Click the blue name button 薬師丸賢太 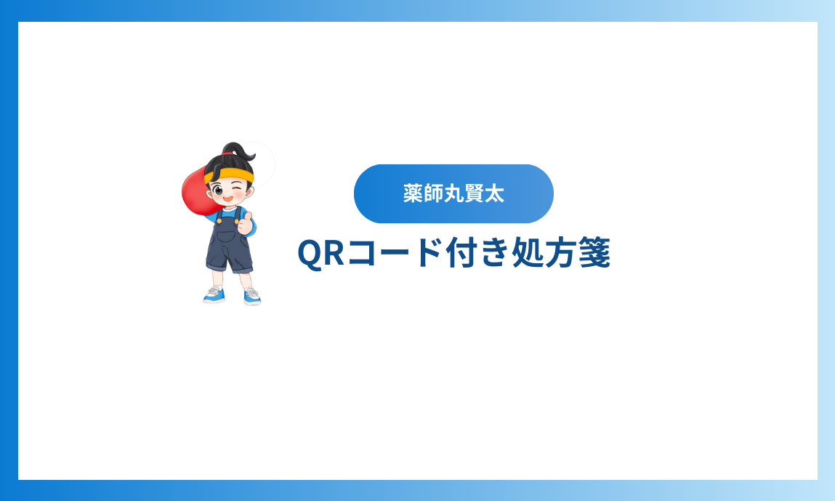coord(453,193)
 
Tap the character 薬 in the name coord(413,193)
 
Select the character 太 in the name coord(495,193)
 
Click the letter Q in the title coord(310,253)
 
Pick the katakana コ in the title coord(363,253)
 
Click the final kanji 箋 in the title coord(594,252)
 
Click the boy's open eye coord(218,190)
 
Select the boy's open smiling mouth coord(227,199)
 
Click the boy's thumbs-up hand coord(246,223)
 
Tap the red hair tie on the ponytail coord(227,154)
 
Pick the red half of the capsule coord(196,191)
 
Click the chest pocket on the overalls coord(228,235)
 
